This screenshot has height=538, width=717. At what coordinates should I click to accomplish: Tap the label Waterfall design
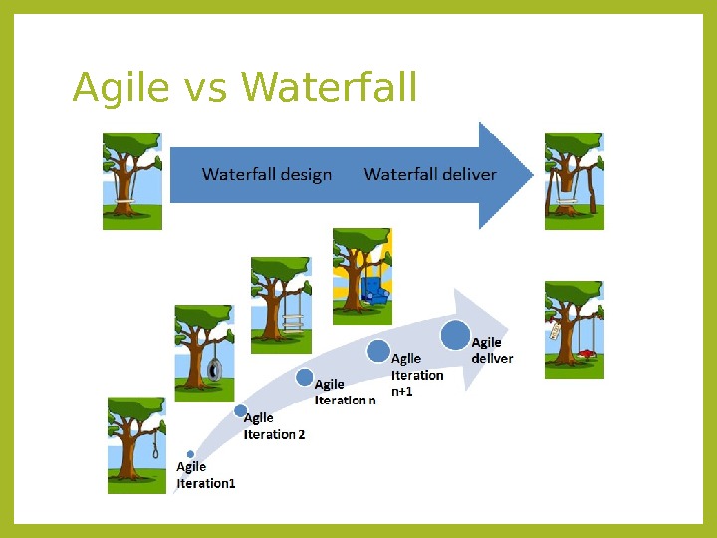267,174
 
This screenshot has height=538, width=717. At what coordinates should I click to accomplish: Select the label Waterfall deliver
430,174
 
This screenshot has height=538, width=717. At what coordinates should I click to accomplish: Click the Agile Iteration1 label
206,475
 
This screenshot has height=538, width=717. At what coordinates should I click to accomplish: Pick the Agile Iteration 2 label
274,426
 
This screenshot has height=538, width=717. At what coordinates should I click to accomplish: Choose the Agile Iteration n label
346,392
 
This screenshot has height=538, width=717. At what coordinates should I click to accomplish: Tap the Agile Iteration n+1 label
417,375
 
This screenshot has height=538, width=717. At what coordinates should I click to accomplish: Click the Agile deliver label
492,350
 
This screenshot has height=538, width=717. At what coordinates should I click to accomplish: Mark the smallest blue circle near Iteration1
190,454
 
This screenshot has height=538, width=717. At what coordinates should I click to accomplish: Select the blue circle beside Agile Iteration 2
240,410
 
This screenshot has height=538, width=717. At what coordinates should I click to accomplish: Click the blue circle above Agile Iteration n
305,377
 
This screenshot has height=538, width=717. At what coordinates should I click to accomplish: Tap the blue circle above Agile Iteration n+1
377,350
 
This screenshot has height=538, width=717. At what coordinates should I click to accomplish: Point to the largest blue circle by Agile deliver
455,336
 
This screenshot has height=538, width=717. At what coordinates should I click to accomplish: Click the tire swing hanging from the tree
213,370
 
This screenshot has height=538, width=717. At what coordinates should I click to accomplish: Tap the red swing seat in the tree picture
588,353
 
